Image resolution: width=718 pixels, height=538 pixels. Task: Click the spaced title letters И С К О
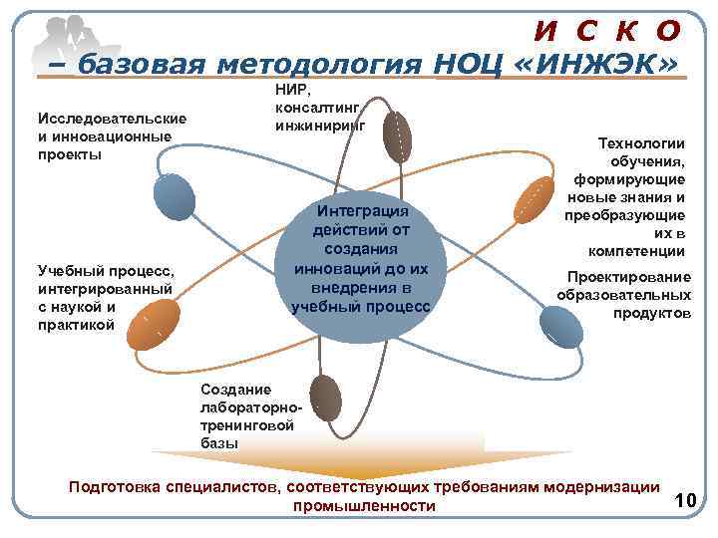click(607, 30)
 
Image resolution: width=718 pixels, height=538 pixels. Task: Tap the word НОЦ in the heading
click(474, 65)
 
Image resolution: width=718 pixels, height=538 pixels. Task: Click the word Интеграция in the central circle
click(362, 211)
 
